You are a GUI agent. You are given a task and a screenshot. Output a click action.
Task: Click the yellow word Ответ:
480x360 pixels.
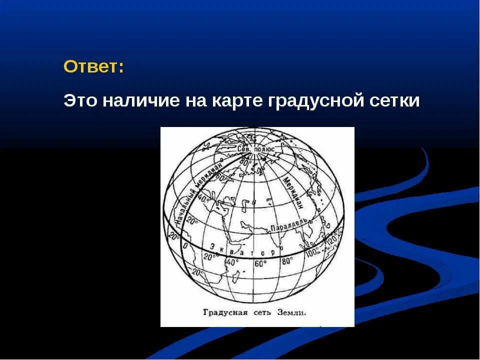(94, 67)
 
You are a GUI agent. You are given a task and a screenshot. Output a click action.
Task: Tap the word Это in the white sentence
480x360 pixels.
(81, 100)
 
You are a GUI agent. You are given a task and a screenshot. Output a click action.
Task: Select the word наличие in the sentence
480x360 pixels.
(142, 100)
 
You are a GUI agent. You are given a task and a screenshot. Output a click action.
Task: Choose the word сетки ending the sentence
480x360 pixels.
(395, 100)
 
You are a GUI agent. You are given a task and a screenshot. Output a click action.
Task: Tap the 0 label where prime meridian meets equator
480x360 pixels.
(184, 245)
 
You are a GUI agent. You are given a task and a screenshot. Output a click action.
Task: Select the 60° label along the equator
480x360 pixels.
(260, 263)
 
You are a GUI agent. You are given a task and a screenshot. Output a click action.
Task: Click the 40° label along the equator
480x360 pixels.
(233, 262)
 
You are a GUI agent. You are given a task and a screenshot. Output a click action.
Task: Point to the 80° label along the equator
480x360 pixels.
(287, 260)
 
